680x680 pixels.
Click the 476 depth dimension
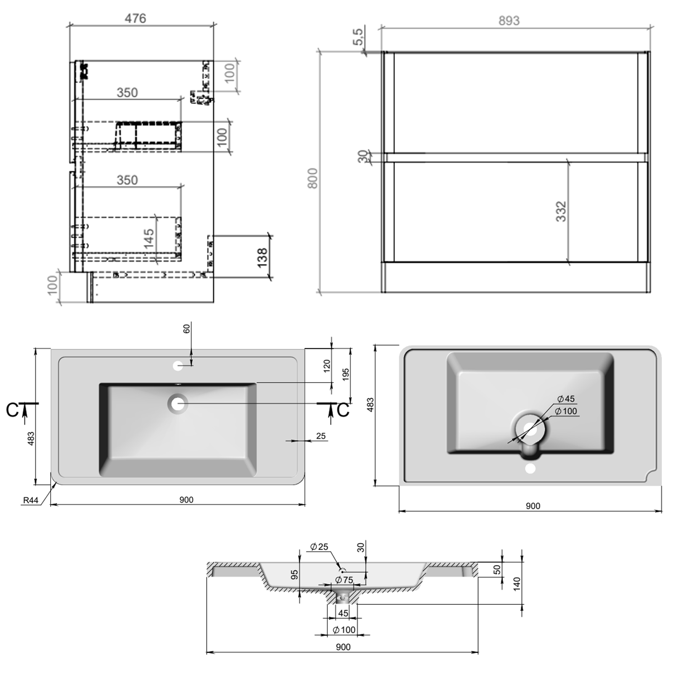[x=136, y=18]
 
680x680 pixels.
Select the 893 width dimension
[x=509, y=20]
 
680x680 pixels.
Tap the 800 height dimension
[x=313, y=178]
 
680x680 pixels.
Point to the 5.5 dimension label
[x=358, y=37]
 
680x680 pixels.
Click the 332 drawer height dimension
[x=561, y=211]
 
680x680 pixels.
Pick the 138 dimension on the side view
[x=262, y=257]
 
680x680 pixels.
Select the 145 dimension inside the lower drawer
[x=149, y=238]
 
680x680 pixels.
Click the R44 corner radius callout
[x=30, y=500]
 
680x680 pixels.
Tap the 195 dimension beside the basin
[x=345, y=374]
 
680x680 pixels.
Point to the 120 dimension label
[x=327, y=365]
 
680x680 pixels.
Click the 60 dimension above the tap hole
[x=187, y=328]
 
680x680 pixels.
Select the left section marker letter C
[x=12, y=410]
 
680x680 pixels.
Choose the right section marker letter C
[x=343, y=410]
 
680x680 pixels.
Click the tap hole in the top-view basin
[x=178, y=366]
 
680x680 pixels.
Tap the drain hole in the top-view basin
[x=178, y=403]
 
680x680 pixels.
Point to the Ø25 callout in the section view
[x=319, y=547]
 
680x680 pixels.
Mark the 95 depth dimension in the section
[x=295, y=575]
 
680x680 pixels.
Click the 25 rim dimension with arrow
[x=321, y=436]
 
